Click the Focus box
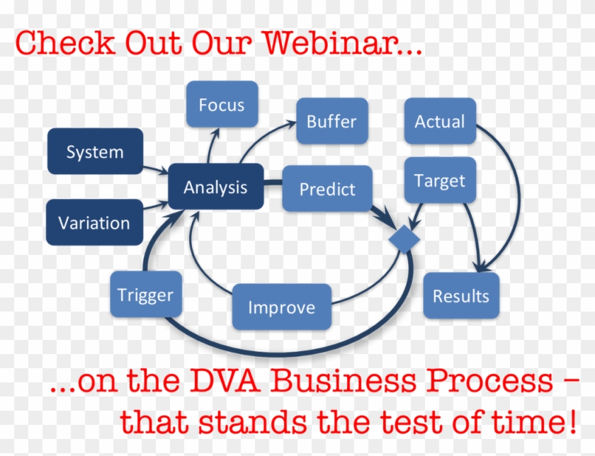[222, 104]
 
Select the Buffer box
[332, 121]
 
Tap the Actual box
[440, 121]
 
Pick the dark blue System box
[95, 152]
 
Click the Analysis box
[216, 186]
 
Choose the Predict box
[327, 188]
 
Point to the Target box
[440, 180]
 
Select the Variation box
[94, 222]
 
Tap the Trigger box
[146, 295]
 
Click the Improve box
[282, 307]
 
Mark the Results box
[461, 295]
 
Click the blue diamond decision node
[404, 239]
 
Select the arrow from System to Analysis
[156, 169]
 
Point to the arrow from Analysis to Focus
[212, 146]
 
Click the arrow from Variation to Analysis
[156, 205]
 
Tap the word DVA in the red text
[225, 380]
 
